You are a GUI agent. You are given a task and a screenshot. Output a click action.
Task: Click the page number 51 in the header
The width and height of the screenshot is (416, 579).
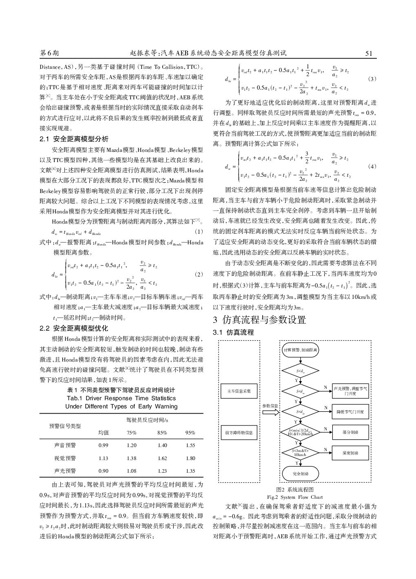click(369, 53)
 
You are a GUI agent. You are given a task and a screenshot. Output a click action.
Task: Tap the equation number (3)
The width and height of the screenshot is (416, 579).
click(372, 79)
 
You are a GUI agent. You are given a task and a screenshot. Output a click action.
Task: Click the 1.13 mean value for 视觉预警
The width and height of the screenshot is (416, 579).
click(104, 458)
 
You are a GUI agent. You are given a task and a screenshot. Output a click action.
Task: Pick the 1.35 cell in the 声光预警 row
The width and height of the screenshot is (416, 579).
click(190, 471)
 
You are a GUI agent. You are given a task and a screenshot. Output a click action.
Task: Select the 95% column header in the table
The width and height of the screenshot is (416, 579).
click(190, 432)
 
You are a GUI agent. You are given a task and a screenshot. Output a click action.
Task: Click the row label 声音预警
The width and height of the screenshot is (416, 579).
click(65, 445)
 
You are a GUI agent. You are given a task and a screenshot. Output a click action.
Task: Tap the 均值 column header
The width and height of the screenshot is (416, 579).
click(104, 432)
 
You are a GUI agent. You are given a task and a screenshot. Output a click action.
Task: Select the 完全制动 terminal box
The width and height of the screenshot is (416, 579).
click(301, 474)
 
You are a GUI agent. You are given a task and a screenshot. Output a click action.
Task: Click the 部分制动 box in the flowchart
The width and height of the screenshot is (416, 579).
click(350, 432)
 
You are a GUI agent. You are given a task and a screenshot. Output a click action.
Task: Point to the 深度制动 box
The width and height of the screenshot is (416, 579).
click(350, 453)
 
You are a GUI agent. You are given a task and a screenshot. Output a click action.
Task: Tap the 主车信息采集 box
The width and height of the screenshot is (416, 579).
click(239, 391)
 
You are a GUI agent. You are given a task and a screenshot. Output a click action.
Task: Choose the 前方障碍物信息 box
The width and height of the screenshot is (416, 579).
click(239, 432)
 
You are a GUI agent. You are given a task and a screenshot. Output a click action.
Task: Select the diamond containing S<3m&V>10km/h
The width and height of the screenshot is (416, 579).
click(301, 453)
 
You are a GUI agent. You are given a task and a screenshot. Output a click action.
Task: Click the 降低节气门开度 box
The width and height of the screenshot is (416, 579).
click(350, 412)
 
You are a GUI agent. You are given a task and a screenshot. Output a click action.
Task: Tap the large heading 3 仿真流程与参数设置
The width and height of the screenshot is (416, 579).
click(259, 320)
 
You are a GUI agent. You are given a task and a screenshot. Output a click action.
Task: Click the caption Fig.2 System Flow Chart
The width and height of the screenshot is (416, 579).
click(294, 497)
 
